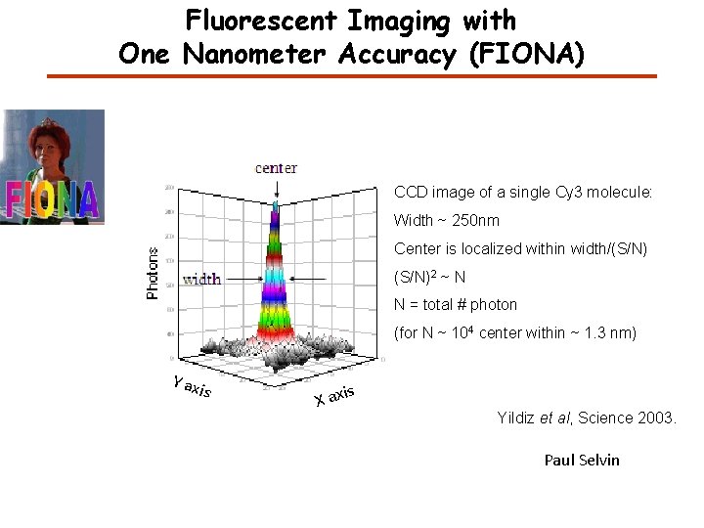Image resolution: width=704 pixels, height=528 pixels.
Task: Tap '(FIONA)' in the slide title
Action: click(x=527, y=54)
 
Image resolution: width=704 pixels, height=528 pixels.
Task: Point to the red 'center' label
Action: click(x=276, y=168)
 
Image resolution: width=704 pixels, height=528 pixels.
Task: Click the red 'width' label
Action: click(x=201, y=280)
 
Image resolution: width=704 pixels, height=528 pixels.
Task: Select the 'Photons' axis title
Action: click(x=153, y=273)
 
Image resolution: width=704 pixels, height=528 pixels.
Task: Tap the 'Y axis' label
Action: click(x=190, y=387)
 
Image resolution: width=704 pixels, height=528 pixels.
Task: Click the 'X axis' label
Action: click(x=333, y=396)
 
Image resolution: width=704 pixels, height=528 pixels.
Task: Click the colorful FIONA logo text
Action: click(x=53, y=199)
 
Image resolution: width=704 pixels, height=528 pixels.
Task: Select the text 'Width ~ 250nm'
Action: click(x=446, y=220)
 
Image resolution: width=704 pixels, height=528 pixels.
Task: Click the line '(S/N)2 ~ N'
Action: click(x=429, y=277)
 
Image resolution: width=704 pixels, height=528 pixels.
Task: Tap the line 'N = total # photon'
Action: click(x=455, y=304)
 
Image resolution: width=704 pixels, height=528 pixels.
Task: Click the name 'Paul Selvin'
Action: click(x=582, y=460)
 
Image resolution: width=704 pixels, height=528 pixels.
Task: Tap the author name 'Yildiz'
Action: click(x=517, y=418)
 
